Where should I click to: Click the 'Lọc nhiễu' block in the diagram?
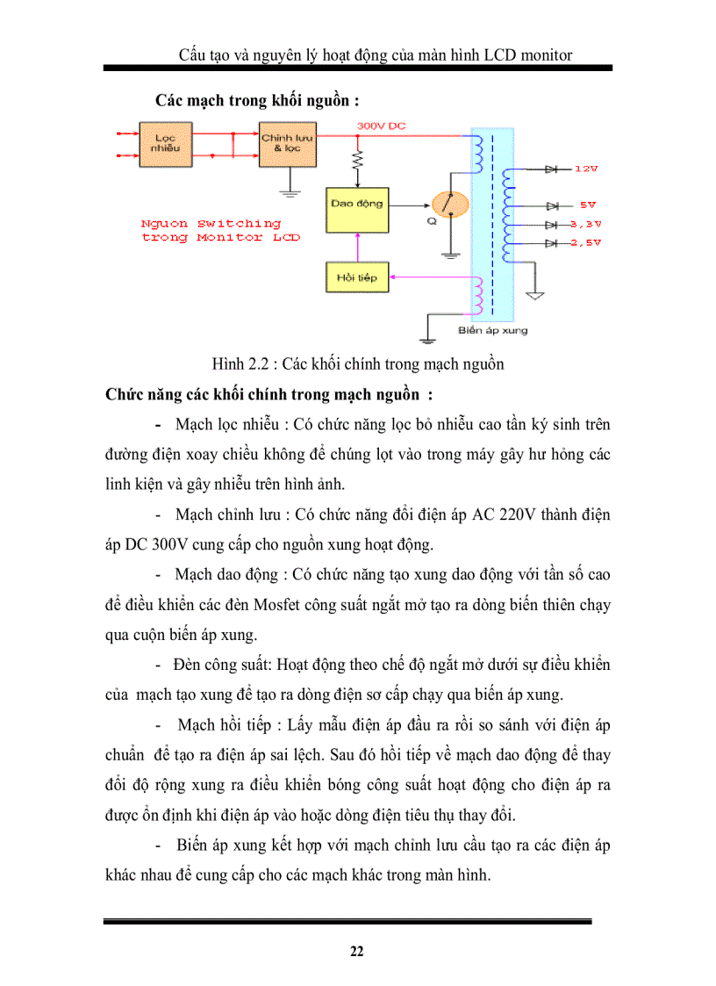click(x=165, y=144)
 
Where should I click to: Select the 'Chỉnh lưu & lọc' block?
click(x=288, y=144)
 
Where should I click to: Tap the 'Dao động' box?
click(x=356, y=205)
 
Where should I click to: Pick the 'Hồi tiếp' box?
click(x=356, y=277)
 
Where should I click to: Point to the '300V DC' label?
click(x=382, y=126)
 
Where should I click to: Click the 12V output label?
click(x=586, y=168)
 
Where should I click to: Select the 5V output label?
click(x=587, y=205)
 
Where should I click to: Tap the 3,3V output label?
click(x=585, y=225)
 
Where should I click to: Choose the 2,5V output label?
click(x=585, y=243)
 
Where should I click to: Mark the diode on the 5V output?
click(x=553, y=205)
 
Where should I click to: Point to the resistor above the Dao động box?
click(x=356, y=162)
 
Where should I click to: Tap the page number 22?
click(x=357, y=952)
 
